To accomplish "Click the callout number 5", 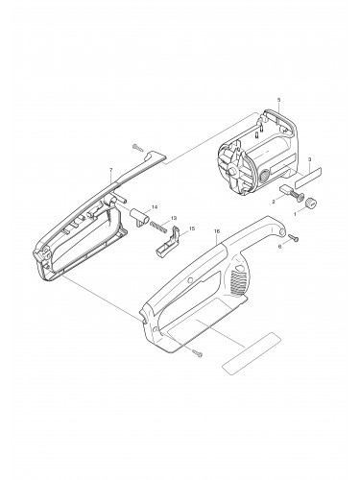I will [277, 100].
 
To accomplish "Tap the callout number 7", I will [110, 170].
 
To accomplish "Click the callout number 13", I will [173, 219].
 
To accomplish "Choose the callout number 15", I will [192, 228].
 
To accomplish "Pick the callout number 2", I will [273, 203].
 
